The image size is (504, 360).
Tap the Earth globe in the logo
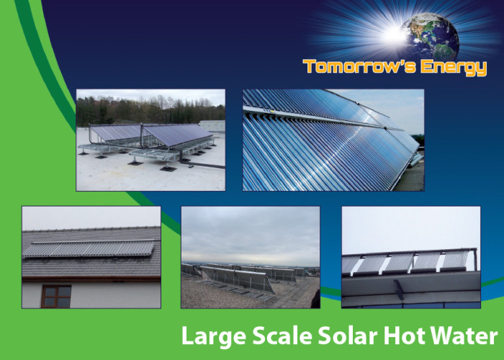[430, 36]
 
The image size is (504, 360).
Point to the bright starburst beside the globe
[395, 34]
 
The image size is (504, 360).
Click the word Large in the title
[214, 337]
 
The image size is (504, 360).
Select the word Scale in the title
[282, 336]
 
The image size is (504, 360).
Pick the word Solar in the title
[348, 336]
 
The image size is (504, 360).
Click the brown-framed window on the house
[56, 296]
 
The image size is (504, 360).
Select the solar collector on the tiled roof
[89, 249]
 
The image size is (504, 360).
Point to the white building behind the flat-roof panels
[212, 126]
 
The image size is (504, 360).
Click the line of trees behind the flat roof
[150, 110]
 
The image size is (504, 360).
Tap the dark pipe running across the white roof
[202, 165]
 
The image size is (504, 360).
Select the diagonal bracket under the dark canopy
[399, 289]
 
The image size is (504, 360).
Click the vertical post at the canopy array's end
[475, 259]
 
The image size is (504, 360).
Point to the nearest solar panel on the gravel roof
[238, 279]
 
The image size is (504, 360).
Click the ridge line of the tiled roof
[91, 229]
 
